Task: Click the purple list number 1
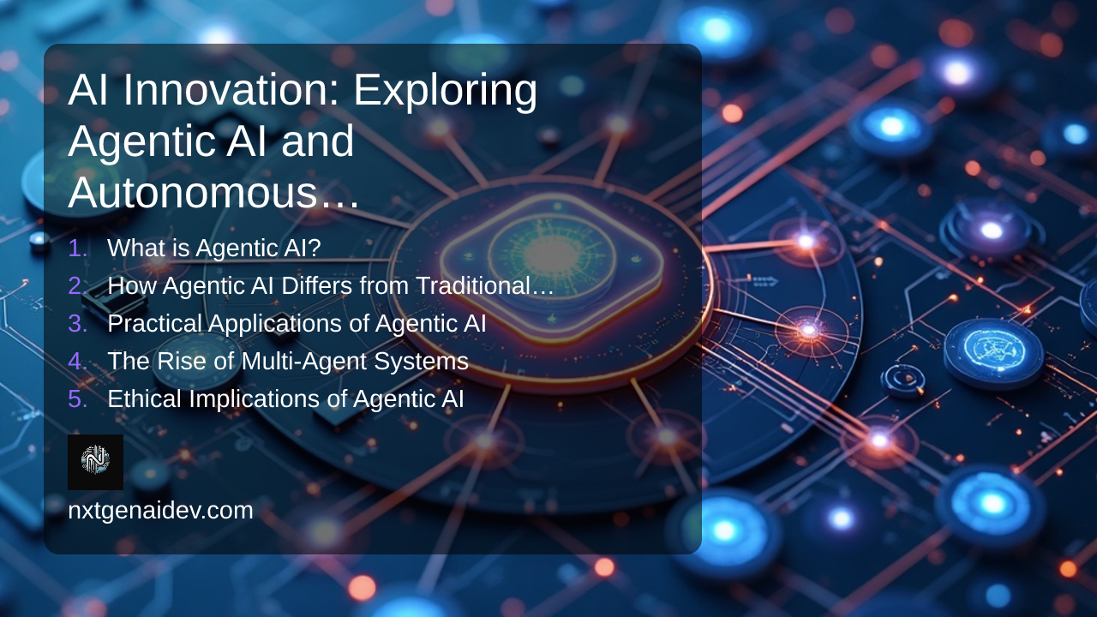coord(77,248)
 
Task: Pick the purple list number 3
coord(77,323)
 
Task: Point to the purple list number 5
coord(77,398)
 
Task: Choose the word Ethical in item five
coord(145,398)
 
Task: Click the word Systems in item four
coord(421,362)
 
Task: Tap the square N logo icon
coord(95,462)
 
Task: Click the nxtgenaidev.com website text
coord(160,511)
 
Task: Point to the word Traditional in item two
coord(473,285)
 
